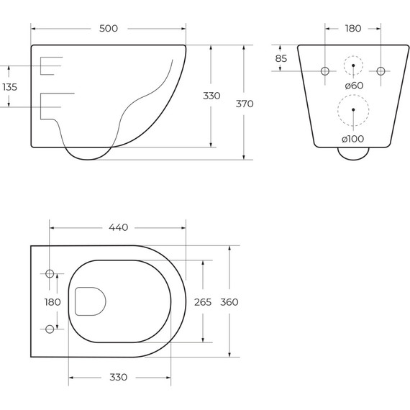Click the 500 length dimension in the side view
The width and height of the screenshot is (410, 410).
(x=108, y=28)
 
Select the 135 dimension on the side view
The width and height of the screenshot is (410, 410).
(x=10, y=86)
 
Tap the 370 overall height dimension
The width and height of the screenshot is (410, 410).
(x=245, y=104)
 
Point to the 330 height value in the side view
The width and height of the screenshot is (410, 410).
(x=211, y=96)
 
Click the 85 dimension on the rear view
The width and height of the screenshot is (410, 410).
(x=281, y=58)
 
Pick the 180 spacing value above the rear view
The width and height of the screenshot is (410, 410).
(x=353, y=28)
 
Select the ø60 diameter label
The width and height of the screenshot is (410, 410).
(x=353, y=86)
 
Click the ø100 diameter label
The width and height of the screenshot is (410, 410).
(x=353, y=138)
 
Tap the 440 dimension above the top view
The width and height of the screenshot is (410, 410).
(x=118, y=227)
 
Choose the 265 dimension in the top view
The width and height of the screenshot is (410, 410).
(x=203, y=302)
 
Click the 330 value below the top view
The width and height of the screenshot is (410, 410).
(x=118, y=377)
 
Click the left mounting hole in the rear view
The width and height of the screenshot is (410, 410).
(x=324, y=71)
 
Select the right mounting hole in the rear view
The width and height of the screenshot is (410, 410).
(x=381, y=71)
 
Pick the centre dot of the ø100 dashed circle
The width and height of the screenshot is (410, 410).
(x=353, y=109)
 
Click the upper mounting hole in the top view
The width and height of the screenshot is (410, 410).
(x=50, y=274)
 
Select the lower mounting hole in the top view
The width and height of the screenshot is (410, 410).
(x=50, y=329)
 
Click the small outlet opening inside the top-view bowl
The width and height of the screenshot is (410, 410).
(x=90, y=301)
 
